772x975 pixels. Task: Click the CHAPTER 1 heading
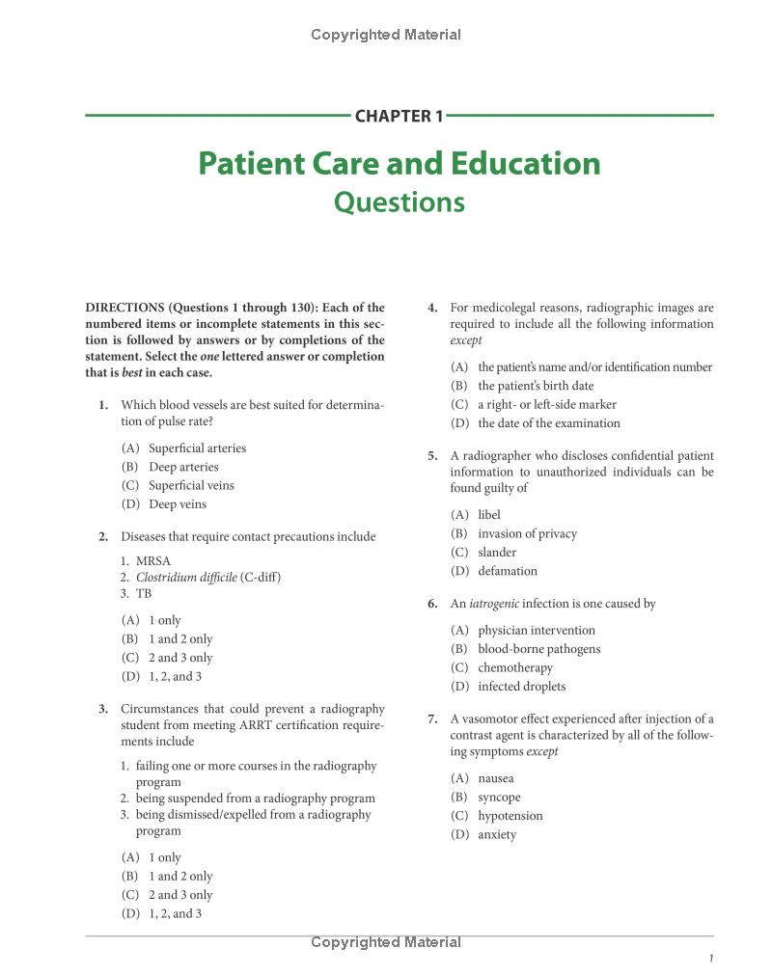(399, 117)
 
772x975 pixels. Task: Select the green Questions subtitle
(399, 203)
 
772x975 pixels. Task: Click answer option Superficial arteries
(197, 448)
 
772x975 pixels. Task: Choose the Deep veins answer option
(178, 504)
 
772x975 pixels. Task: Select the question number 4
(432, 309)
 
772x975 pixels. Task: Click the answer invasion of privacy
(527, 533)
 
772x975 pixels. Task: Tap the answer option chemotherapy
(515, 667)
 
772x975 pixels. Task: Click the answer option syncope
(499, 798)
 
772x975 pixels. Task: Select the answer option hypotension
(510, 816)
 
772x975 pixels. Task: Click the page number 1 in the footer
(710, 959)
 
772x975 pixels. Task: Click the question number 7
(432, 719)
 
